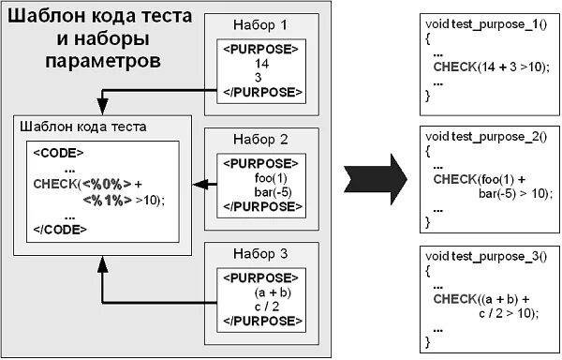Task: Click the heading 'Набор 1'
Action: (x=261, y=26)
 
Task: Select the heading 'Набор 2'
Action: (x=261, y=141)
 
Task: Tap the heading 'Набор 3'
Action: (x=261, y=253)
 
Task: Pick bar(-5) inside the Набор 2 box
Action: (x=271, y=193)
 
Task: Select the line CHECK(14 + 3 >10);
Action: (x=486, y=67)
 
